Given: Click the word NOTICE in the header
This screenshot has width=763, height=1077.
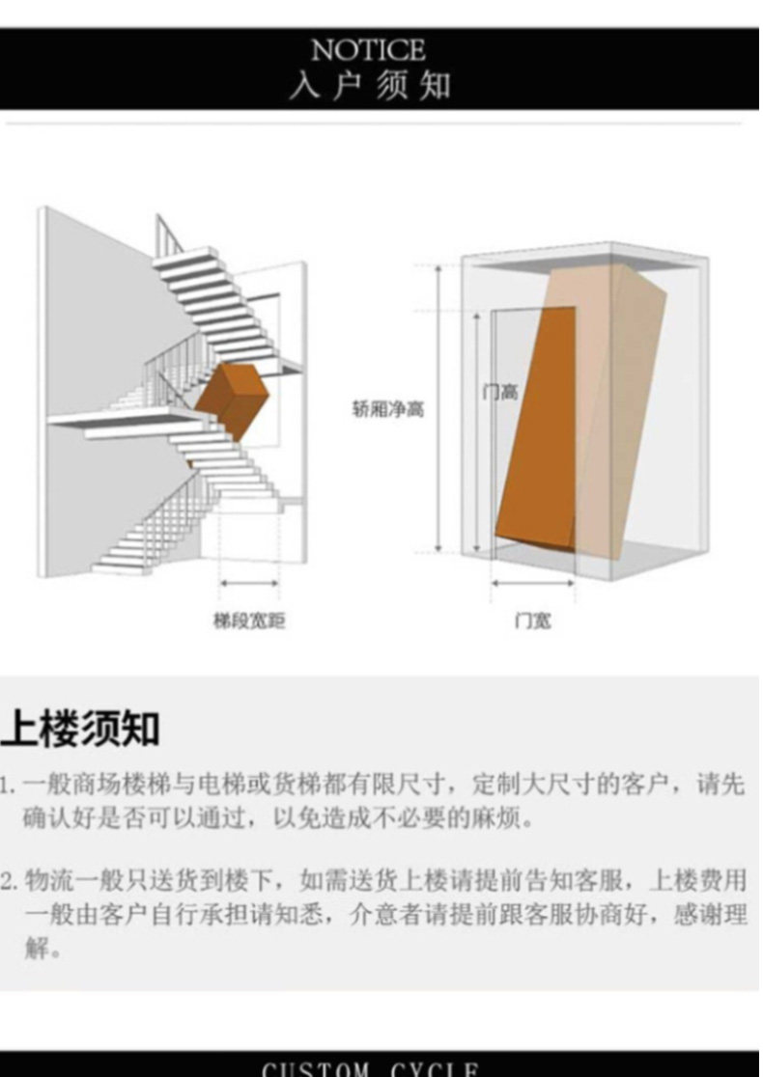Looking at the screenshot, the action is [368, 50].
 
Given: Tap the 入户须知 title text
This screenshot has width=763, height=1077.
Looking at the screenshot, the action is [370, 85].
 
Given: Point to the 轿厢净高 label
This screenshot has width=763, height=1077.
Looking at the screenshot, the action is [388, 409].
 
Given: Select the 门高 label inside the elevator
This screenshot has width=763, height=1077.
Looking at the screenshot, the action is [500, 392].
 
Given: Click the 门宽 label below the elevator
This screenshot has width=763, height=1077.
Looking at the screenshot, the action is [532, 621].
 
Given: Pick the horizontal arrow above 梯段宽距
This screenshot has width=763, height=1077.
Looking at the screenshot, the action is [249, 583].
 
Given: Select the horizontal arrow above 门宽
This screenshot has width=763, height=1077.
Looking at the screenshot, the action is [532, 583].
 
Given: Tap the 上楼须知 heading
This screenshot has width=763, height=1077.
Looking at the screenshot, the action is [80, 730].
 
